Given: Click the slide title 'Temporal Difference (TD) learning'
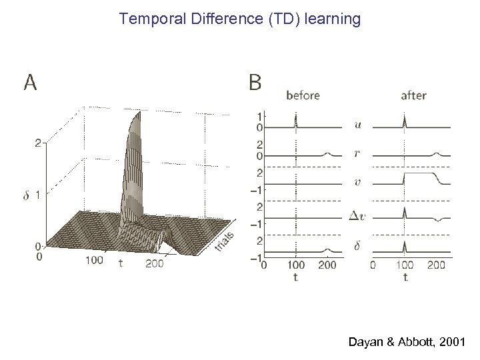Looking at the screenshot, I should [240, 19].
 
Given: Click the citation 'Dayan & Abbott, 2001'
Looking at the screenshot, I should [407, 342].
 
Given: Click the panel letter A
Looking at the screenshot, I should [30, 82].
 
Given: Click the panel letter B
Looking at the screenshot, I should [255, 82].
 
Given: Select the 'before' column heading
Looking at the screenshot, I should [303, 95].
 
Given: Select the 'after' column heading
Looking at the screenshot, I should [413, 95].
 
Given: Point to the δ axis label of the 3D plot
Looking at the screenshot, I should [27, 195].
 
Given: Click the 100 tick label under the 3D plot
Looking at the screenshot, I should [94, 259].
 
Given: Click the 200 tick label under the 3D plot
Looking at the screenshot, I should [153, 264].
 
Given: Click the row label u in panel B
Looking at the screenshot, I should [358, 124].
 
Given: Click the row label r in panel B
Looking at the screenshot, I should [358, 153].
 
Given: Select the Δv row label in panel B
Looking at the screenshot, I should [358, 215].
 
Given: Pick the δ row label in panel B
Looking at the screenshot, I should [358, 246].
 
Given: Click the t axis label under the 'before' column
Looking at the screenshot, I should [295, 277].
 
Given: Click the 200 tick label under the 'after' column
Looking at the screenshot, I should [436, 265].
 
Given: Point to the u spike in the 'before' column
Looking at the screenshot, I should [295, 120].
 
